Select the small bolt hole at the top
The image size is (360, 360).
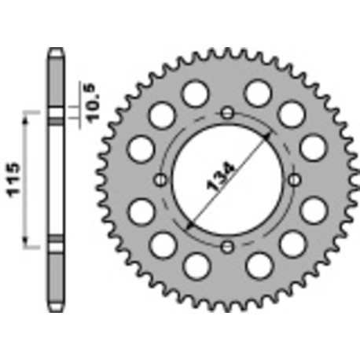point(227,112)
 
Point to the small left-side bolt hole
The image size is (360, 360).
point(160,180)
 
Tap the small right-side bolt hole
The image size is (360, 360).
point(294,180)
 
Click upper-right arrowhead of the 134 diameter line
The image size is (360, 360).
point(270,134)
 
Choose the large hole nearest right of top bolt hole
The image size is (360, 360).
point(257,94)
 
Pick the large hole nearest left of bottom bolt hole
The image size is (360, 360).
point(193,267)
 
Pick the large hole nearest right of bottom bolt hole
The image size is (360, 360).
point(258,267)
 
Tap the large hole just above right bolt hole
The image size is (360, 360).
point(313,148)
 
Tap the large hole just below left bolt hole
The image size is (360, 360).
point(141,211)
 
